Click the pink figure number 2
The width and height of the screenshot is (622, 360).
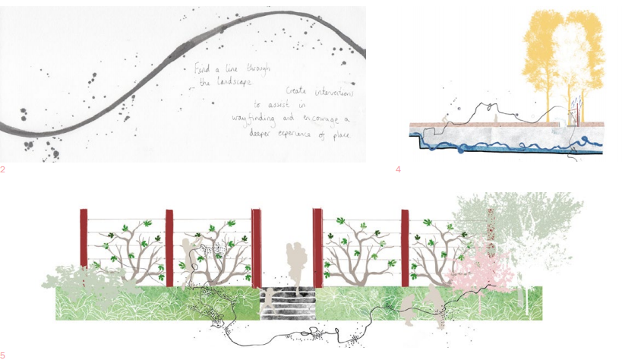[3, 169]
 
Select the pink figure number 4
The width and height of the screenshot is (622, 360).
[398, 169]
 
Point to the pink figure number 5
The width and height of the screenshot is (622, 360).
[3, 355]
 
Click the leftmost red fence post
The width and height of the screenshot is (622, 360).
[84, 238]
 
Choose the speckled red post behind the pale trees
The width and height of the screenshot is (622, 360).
[491, 235]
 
